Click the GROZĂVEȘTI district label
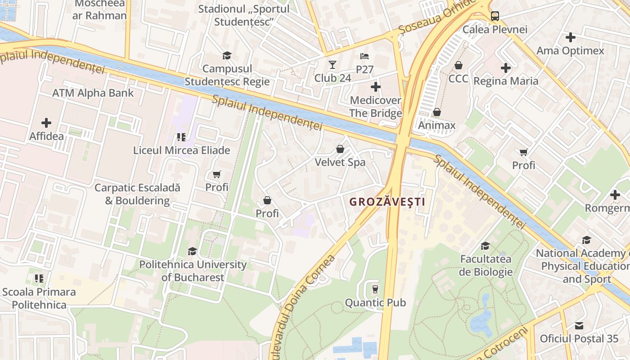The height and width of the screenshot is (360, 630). [387, 202]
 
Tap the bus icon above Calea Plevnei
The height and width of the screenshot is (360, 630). [495, 16]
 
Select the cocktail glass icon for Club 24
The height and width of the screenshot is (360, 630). [332, 64]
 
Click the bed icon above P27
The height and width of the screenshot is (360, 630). [364, 56]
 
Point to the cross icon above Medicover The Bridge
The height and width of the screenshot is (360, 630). [376, 86]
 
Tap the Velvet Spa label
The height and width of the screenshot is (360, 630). [340, 162]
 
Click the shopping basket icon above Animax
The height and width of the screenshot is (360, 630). [436, 112]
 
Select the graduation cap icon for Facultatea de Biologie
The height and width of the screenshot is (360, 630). [485, 246]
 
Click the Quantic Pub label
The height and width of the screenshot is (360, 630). [375, 303]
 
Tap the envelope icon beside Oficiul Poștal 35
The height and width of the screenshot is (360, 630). [579, 325]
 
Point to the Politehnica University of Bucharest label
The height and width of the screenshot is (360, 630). [193, 271]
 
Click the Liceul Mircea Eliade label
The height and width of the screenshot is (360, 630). [181, 150]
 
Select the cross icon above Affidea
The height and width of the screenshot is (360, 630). [46, 122]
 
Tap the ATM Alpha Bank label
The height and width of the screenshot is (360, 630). [93, 93]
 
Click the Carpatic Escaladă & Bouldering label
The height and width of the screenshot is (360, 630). [137, 194]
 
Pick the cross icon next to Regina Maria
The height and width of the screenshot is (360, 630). [505, 68]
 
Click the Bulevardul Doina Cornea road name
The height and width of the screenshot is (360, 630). [303, 306]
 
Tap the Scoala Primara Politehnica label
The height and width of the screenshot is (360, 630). [39, 298]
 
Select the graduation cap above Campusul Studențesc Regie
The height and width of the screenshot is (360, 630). [227, 55]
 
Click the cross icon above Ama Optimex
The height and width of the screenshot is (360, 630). [570, 37]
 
